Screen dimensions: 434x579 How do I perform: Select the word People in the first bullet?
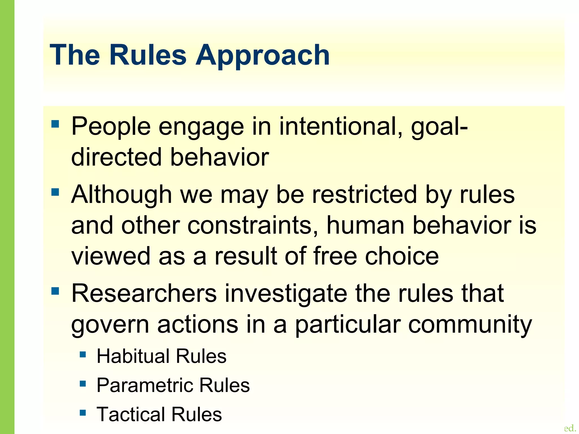pos(111,126)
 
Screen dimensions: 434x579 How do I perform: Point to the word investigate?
pos(286,294)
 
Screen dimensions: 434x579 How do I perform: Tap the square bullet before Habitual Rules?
pos(83,354)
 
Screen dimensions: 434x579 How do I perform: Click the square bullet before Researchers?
pos(55,291)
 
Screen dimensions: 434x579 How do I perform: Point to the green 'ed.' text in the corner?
pos(570,428)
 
